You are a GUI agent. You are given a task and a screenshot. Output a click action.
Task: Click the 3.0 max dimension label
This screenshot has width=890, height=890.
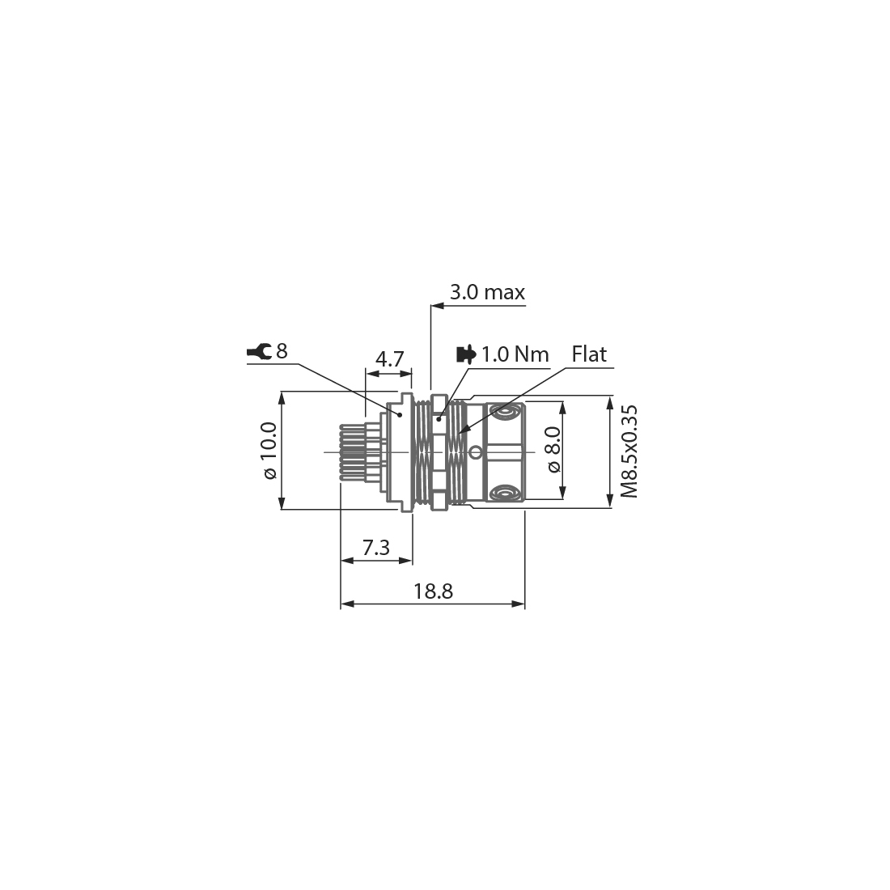click(x=487, y=292)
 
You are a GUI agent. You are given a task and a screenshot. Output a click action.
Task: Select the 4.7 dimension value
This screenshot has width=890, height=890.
click(x=390, y=359)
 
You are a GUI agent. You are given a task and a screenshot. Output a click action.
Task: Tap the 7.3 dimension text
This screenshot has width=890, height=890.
click(x=375, y=548)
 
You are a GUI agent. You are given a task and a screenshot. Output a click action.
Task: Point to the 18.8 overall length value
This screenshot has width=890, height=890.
click(x=433, y=591)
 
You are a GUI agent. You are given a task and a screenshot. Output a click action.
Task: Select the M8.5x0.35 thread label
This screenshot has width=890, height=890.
click(x=629, y=451)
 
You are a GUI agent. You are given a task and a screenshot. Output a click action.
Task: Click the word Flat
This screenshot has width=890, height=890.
click(x=589, y=354)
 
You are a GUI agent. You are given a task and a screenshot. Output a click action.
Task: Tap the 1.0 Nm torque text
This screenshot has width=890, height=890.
click(x=515, y=354)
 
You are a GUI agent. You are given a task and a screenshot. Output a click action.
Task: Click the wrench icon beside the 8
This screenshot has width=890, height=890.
click(x=259, y=352)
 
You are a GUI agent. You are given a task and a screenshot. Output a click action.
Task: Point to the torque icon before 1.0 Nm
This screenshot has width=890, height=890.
click(x=466, y=354)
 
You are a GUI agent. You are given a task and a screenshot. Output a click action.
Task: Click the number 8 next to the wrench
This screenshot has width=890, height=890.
click(x=282, y=351)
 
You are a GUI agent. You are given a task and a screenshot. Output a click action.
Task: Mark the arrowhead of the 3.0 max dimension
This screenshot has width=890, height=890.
click(x=434, y=306)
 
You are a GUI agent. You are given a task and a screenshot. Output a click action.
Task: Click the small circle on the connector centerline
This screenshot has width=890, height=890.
click(x=476, y=451)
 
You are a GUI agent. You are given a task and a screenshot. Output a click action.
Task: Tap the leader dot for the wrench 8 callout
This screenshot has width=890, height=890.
click(x=399, y=414)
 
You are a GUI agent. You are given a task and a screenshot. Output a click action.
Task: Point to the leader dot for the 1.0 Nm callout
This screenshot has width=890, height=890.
click(x=439, y=418)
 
